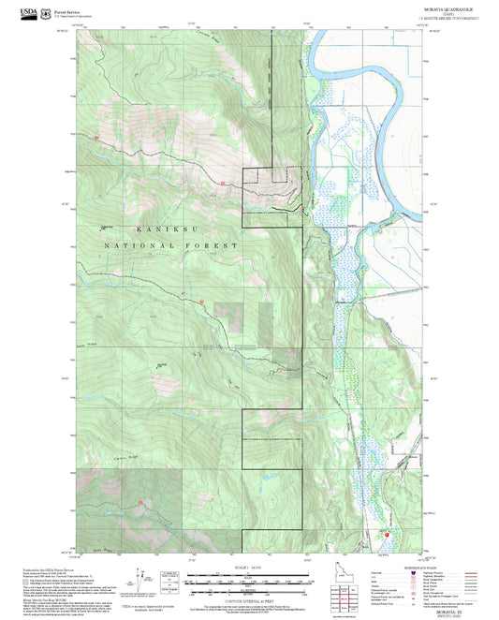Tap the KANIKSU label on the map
[x=155, y=229]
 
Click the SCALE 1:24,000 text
[x=248, y=567]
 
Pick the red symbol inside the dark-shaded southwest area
[x=141, y=504]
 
